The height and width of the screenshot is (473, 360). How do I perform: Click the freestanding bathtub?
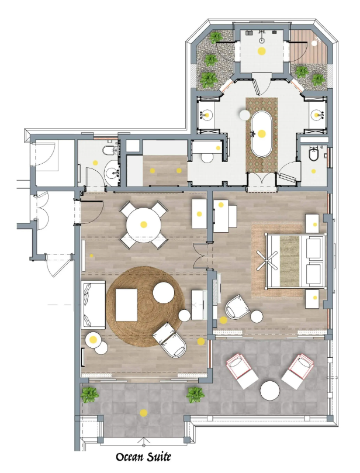point(262,134)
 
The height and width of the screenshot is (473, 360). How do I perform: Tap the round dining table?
point(144,225)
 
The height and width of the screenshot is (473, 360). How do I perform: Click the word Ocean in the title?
point(130,457)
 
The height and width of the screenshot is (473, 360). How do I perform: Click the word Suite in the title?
point(158,457)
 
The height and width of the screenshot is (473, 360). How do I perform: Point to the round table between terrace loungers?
point(270,391)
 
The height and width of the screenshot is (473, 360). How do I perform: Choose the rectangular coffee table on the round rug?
point(126,305)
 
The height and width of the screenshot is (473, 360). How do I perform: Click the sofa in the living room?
point(94,305)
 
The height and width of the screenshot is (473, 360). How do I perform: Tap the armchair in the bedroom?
point(238,307)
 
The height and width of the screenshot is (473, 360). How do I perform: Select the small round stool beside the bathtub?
point(244,115)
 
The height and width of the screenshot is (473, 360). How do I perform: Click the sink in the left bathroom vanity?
point(206,115)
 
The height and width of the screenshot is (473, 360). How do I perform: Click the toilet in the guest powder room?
point(108,150)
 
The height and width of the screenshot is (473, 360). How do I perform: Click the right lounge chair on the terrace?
point(298,371)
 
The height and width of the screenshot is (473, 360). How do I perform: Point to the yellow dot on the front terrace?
point(144,413)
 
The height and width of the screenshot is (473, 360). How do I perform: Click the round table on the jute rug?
point(164,292)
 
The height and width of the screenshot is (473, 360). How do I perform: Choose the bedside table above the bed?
point(313,223)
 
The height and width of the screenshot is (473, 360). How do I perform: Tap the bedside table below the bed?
point(313,299)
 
